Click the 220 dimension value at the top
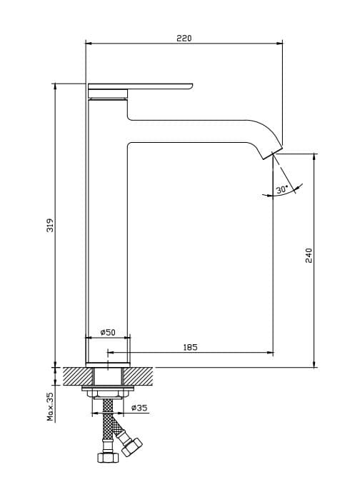[184, 38]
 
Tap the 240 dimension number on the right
[309, 255]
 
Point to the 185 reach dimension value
[190, 347]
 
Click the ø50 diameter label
[109, 333]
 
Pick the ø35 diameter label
[139, 408]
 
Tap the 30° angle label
[281, 189]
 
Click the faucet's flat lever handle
[143, 86]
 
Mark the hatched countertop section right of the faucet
[141, 374]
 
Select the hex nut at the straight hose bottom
[107, 457]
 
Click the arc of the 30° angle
[289, 193]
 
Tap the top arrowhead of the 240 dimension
[315, 155]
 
